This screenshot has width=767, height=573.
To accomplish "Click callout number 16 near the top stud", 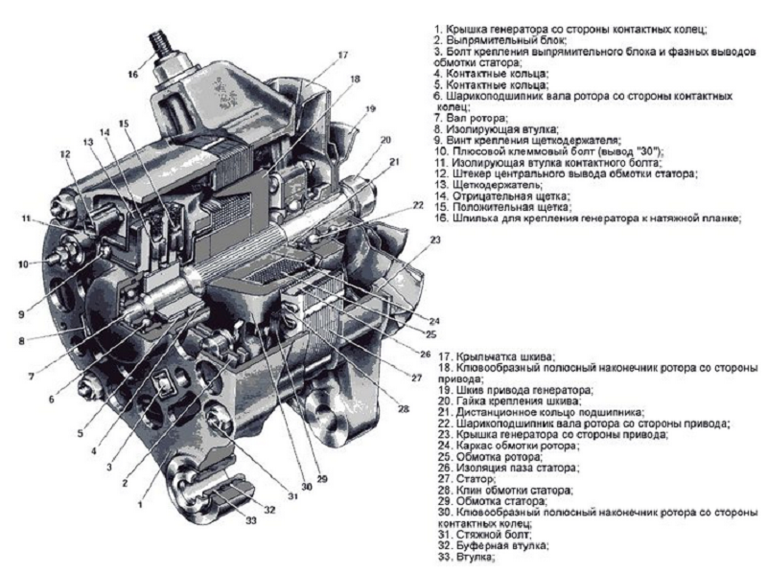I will coord(132,72).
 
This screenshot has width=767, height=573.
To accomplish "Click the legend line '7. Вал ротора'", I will coord(470,117).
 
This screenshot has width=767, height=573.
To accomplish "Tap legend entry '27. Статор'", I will coord(464,478).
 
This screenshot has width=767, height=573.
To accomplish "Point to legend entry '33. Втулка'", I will coord(464,555).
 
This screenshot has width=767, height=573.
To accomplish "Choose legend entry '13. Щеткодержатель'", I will coord(490,185).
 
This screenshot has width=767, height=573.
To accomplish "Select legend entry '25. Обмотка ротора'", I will coord(483,456).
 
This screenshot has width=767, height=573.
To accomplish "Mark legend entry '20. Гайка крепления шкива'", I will coord(503,401).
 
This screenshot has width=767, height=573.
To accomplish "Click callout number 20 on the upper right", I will coord(385,140).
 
